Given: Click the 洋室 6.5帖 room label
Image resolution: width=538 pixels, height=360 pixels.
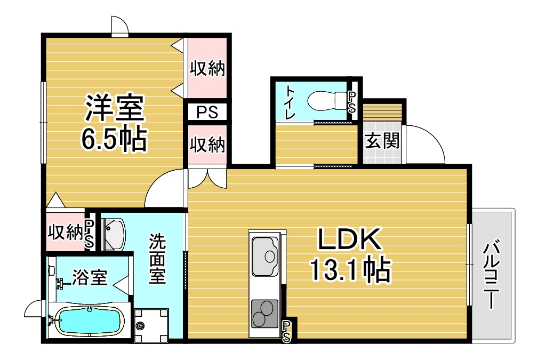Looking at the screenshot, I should click(114, 123).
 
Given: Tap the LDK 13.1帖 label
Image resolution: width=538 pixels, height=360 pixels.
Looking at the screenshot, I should click(350, 255).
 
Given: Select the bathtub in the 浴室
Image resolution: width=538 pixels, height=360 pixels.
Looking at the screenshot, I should click(89, 321).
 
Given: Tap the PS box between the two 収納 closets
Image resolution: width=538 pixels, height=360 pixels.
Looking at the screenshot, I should click(207, 113).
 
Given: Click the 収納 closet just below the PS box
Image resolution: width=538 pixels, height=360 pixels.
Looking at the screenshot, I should click(207, 145).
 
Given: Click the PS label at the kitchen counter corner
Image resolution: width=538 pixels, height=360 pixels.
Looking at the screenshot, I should click(287, 331).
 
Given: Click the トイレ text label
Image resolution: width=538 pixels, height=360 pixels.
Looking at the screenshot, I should click(290, 101).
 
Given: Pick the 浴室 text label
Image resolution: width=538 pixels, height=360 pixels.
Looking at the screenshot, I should click(90, 277).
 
